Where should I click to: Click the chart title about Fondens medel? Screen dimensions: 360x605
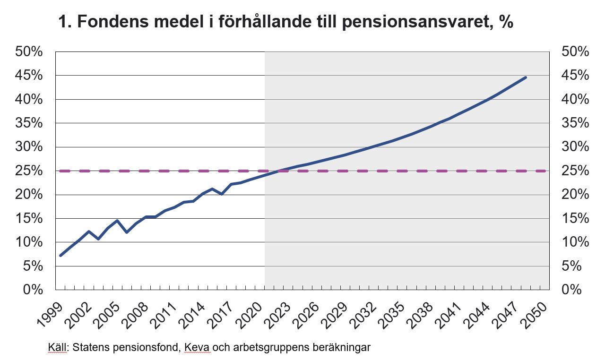[x=285, y=22]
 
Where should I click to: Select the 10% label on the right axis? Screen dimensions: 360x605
[x=575, y=242]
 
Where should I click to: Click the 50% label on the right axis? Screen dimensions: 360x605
[x=575, y=52]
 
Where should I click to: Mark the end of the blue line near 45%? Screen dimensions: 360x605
[x=525, y=77]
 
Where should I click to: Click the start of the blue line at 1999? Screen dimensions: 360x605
[x=60, y=255]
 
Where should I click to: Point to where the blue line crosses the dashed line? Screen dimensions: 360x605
[x=280, y=171]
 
